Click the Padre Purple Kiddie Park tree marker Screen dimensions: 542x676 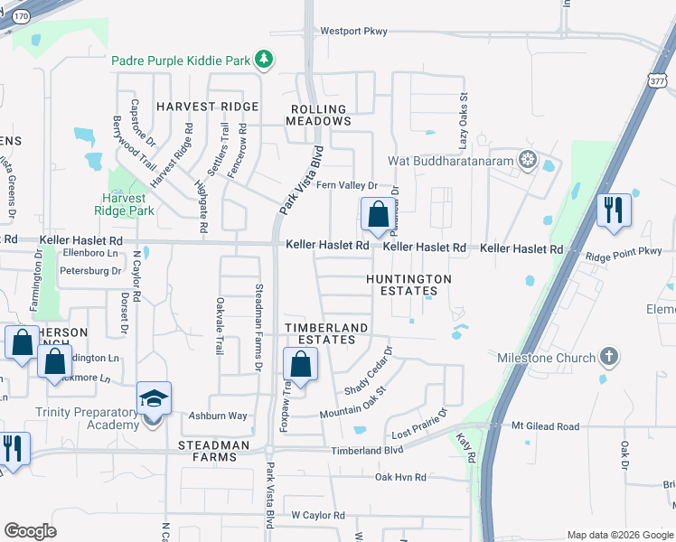(263, 61)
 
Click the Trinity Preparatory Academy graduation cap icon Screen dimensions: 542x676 (154, 398)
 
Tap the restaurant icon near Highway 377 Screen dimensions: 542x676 (614, 210)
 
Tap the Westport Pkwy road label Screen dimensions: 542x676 (354, 32)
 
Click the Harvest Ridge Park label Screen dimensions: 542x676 (130, 204)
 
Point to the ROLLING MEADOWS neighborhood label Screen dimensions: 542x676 (319, 115)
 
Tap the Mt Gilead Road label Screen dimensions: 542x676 (545, 426)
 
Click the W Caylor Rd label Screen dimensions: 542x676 (317, 515)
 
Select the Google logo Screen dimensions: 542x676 (30, 531)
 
